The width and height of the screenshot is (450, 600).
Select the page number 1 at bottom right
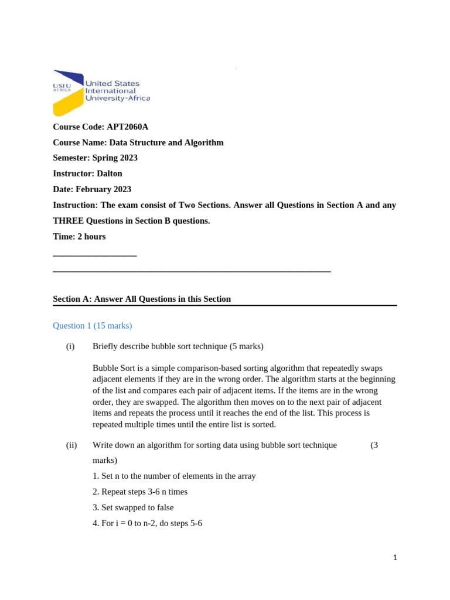click(395, 558)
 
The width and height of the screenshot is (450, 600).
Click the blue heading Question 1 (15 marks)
click(93, 325)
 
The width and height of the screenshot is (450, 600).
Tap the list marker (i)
click(70, 346)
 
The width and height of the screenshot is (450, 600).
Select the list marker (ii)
click(71, 445)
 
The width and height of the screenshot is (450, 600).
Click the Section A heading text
click(142, 299)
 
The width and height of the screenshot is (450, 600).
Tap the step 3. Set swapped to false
click(133, 507)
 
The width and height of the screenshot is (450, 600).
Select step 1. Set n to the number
click(174, 476)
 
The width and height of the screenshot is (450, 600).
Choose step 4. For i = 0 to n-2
click(147, 523)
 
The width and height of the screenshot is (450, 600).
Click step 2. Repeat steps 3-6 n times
click(140, 492)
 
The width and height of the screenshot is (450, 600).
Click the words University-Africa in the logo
click(118, 98)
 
